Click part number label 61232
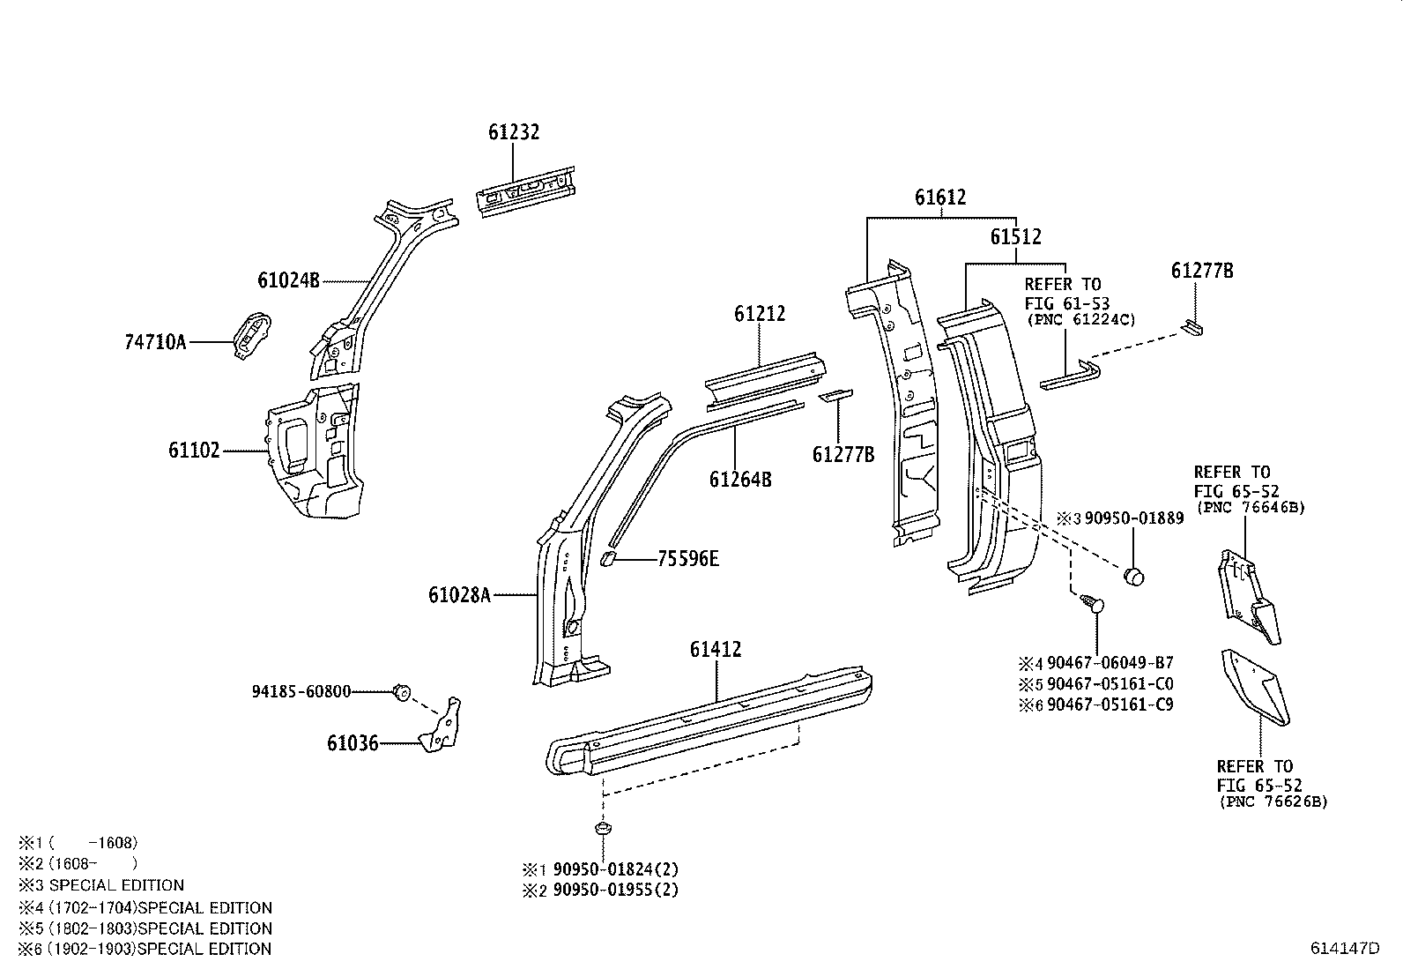point(514,132)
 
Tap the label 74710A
point(155,342)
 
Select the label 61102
point(194,451)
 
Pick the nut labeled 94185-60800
point(400,692)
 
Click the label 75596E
point(688,559)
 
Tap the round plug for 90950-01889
point(1133,577)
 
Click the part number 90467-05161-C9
point(1110,704)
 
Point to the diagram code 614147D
point(1344,949)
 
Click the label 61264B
point(740,480)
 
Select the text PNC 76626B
point(1273,802)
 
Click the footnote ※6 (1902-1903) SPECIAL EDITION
point(145,949)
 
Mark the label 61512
point(1015,236)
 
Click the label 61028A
point(459,595)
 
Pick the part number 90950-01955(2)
point(616,890)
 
